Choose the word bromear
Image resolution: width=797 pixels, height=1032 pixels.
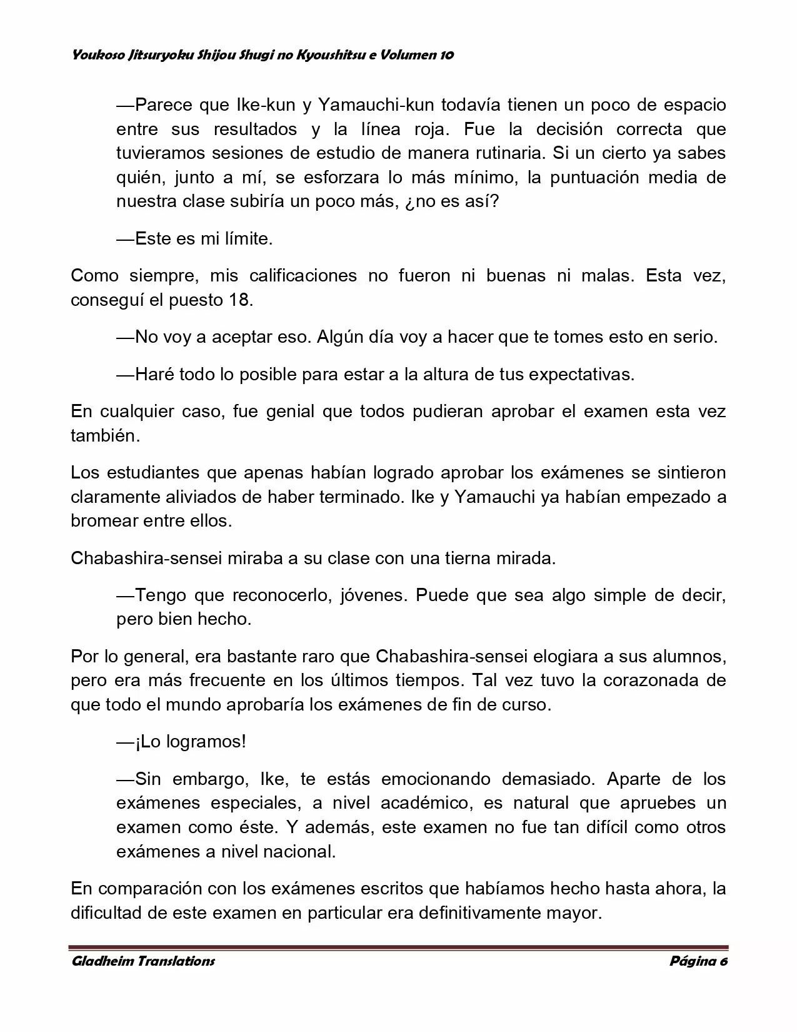[104, 521]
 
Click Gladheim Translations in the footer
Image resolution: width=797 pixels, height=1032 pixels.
[143, 961]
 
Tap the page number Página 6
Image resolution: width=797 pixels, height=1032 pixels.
[698, 961]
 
